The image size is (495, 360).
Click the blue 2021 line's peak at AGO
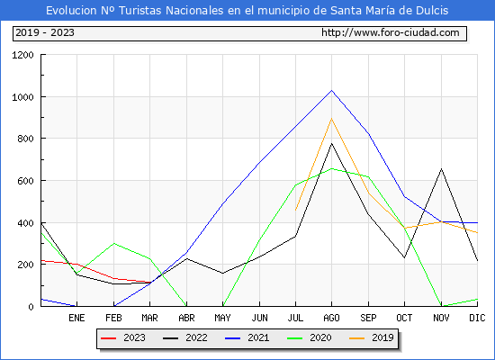coord(331,91)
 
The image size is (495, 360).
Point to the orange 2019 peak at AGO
coord(331,119)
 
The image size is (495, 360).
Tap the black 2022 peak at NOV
coord(441,168)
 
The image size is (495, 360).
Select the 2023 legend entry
coord(123,337)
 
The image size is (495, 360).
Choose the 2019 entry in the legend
coord(371,337)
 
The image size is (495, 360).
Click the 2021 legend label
coord(258,337)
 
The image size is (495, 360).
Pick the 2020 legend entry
coord(309,337)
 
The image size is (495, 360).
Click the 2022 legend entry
coord(185,337)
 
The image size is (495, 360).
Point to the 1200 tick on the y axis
coord(22,55)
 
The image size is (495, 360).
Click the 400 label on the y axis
coord(25,223)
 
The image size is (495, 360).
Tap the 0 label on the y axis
coord(31,307)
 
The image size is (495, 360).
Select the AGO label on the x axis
coord(331,318)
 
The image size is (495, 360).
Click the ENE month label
coord(76,318)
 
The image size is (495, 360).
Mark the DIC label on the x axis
coord(477,318)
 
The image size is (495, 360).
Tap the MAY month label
coord(222,318)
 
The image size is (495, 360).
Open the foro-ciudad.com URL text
coord(391,32)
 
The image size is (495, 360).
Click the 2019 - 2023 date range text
coord(45,32)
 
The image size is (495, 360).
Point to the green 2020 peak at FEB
coord(113,244)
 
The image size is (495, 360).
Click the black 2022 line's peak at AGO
coord(331,144)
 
